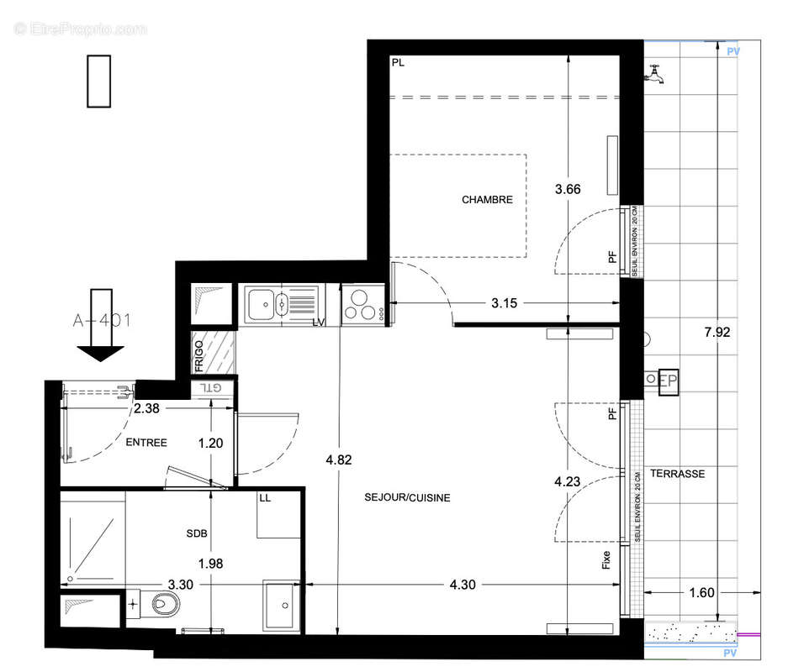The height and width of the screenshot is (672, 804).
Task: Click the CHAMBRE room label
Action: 487,200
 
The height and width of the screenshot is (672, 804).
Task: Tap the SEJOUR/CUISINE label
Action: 407,498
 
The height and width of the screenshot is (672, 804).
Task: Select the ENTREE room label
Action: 146,443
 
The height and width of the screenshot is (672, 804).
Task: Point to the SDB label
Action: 196,533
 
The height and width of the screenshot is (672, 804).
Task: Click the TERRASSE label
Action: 677,474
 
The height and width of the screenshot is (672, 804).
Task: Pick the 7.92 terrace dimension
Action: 717,333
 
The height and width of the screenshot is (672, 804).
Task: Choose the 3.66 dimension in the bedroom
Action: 568,189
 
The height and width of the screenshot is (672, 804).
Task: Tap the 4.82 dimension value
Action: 339,459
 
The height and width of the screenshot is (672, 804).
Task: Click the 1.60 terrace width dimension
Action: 701,593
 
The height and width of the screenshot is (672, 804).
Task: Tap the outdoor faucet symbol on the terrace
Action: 655,76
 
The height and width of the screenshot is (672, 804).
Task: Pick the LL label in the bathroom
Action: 265,499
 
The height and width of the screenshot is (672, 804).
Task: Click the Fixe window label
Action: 606,559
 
